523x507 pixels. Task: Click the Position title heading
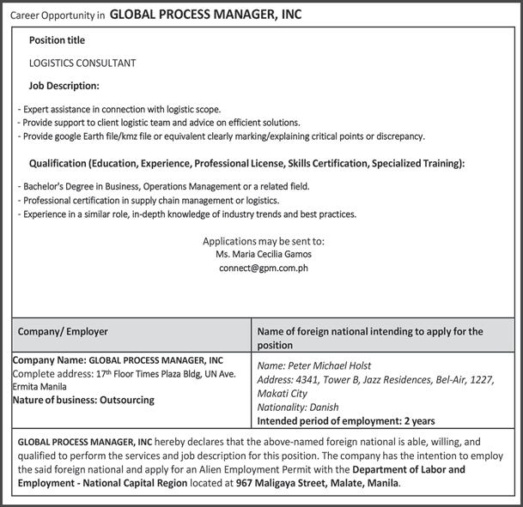[57, 40]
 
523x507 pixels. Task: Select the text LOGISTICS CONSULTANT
[82, 63]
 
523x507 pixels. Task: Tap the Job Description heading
[64, 86]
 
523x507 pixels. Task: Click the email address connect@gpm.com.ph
[263, 268]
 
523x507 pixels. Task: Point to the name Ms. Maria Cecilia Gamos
[263, 254]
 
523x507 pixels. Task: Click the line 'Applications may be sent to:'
[263, 240]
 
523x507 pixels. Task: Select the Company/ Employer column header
[62, 331]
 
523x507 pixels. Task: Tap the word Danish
[324, 407]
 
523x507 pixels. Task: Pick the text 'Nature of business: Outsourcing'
[83, 400]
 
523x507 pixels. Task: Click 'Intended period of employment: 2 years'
[346, 421]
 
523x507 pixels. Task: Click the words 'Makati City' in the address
[282, 393]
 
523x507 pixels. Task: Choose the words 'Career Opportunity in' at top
[58, 15]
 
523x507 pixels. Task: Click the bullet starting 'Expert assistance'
[119, 109]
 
